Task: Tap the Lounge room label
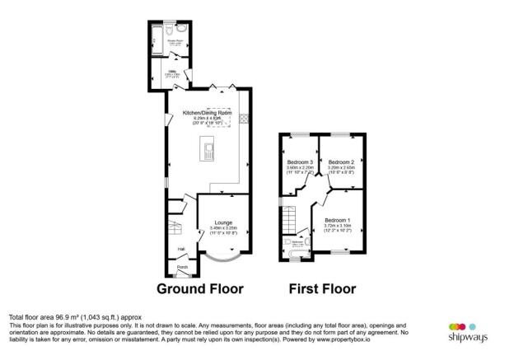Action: (x=223, y=222)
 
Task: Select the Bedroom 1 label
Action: (x=336, y=220)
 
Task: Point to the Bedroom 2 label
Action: (x=340, y=161)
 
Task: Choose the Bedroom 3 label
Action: (x=299, y=161)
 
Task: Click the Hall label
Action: (x=181, y=247)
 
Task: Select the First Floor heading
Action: (x=322, y=289)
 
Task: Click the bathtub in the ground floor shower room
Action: (x=159, y=35)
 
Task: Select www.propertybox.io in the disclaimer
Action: (x=354, y=339)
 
